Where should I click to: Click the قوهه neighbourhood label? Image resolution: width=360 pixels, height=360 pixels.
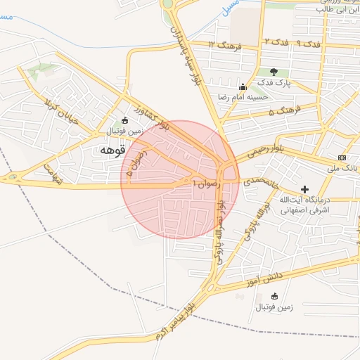pos(112,150)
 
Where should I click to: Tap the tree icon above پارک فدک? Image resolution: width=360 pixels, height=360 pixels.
pos(274,72)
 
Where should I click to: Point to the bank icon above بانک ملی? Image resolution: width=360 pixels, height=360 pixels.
pos(342,157)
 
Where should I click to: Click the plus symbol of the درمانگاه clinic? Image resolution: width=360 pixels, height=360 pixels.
pos(304,189)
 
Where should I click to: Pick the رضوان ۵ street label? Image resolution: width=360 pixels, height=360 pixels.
pos(134,163)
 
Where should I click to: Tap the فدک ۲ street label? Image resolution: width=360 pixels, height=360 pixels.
pos(276,43)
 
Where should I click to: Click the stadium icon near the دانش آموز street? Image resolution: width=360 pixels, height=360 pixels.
pos(274,295)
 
